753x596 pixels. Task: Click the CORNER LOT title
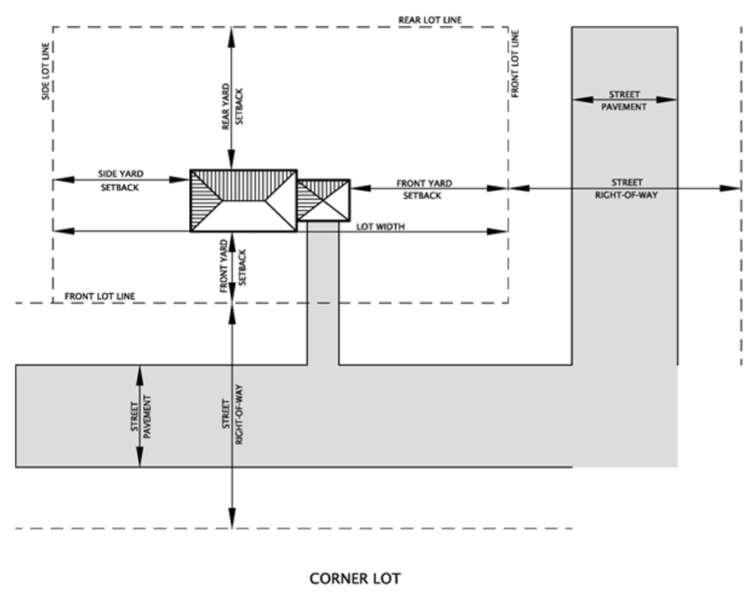[x=355, y=578]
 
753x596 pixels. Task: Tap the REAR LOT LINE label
[x=430, y=20]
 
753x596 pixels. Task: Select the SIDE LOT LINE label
[x=46, y=71]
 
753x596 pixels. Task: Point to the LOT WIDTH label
[x=381, y=226]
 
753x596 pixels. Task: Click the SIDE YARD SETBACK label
[x=120, y=180]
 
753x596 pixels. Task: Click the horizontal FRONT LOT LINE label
[x=100, y=296]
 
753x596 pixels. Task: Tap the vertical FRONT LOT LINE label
[x=515, y=64]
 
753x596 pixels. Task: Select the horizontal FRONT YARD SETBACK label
[x=423, y=189]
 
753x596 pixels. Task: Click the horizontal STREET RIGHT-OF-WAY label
[x=626, y=188]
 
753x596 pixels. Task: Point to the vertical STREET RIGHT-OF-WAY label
[x=233, y=414]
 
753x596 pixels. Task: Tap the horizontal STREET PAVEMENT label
[x=624, y=100]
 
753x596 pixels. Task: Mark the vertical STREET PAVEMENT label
[x=141, y=416]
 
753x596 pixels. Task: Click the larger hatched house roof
[x=243, y=200]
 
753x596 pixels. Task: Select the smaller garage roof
[x=323, y=200]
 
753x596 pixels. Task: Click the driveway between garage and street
[x=323, y=293]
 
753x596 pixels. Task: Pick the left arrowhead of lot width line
[x=64, y=231]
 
